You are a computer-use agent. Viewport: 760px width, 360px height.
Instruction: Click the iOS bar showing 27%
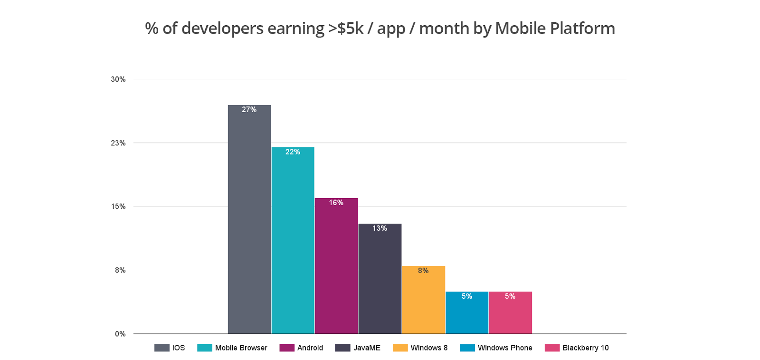coord(249,218)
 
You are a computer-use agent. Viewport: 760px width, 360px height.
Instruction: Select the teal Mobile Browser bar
coord(293,240)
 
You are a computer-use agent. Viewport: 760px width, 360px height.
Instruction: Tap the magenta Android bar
coord(336,266)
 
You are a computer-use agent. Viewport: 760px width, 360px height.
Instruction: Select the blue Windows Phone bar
coord(467,313)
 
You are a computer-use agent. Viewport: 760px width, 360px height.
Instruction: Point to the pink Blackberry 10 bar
coord(510,313)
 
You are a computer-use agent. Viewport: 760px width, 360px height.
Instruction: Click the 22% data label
coord(293,152)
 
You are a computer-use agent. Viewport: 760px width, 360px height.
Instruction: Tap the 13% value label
coord(380,228)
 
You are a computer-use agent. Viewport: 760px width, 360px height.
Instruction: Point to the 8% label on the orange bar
coord(423,271)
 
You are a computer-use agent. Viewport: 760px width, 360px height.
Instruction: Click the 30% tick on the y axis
coord(118,79)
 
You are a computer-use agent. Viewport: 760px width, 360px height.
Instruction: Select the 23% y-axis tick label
coord(118,143)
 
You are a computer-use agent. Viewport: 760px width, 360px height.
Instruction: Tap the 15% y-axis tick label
coord(118,207)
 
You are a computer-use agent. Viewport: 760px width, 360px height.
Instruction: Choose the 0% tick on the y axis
coord(120,334)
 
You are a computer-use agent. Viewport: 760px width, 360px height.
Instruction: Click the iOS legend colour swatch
coord(161,348)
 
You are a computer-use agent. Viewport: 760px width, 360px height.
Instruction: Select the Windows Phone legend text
coord(505,348)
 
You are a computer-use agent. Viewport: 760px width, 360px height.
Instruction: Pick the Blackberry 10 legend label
coord(585,348)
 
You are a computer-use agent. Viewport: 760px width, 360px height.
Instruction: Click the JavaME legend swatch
coord(342,348)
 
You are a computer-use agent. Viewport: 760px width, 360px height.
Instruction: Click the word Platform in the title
coord(582,28)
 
